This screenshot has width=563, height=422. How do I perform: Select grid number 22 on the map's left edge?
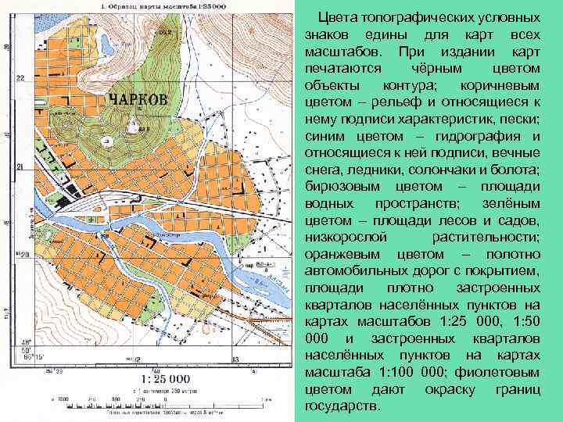[x=20, y=77]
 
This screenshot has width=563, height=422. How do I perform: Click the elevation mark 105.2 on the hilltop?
[x=164, y=33]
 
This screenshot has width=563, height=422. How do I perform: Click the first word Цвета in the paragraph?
[x=339, y=17]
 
